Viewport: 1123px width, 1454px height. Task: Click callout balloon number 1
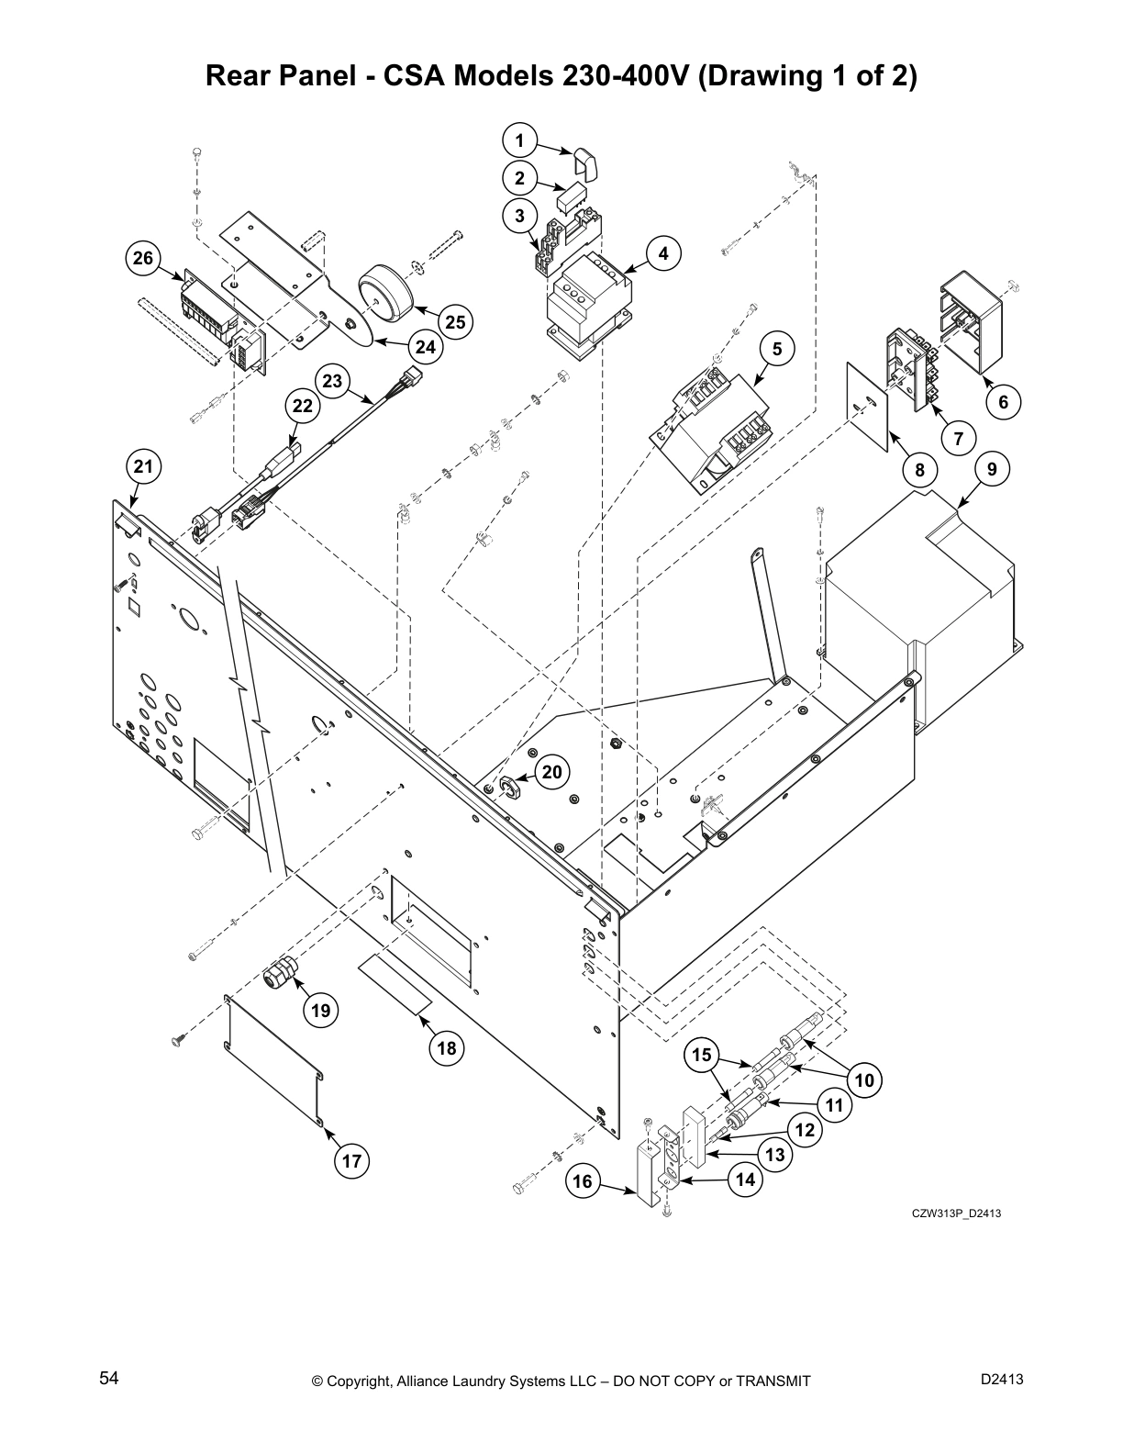519,140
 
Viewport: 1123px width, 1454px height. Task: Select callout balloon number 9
992,469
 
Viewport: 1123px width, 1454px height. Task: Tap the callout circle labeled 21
143,466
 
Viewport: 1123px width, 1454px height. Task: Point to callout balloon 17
351,1161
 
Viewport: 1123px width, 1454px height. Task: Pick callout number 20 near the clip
551,771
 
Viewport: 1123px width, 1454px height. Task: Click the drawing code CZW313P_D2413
955,1214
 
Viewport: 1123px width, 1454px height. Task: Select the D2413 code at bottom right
1002,1379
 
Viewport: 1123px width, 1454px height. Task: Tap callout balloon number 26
143,258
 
